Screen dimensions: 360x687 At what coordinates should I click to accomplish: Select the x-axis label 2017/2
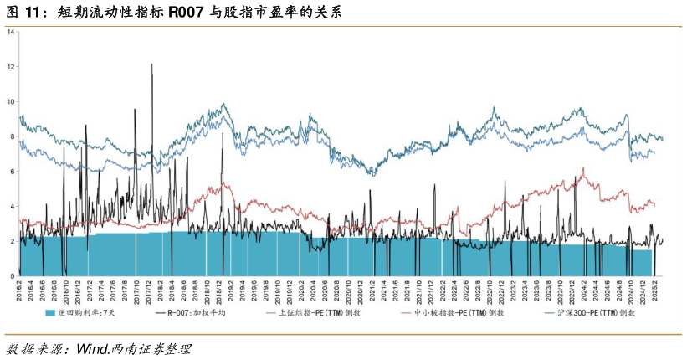click(91, 292)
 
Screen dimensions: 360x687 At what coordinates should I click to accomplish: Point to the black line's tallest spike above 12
click(151, 64)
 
